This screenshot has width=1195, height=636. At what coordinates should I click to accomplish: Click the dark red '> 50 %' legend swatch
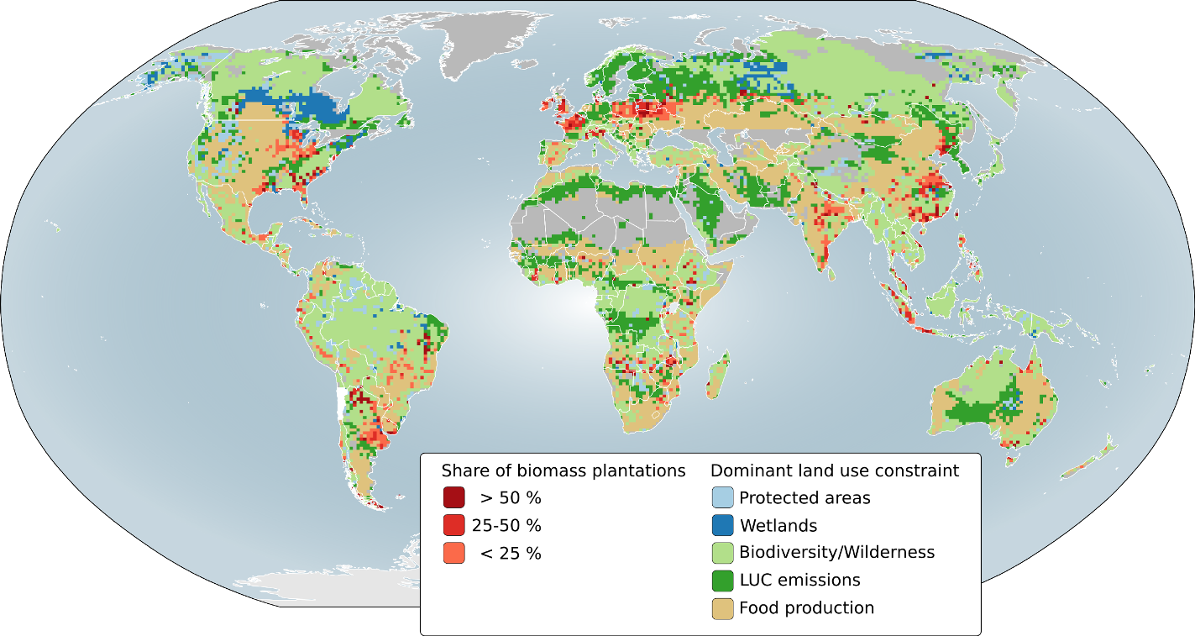point(453,497)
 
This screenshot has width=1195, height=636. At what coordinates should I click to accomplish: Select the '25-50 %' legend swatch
point(453,525)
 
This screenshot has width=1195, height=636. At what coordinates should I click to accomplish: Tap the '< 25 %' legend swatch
point(453,553)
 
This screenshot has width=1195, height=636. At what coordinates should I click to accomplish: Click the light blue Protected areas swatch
point(722,497)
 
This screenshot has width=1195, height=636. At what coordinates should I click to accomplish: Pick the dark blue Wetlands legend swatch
point(722,525)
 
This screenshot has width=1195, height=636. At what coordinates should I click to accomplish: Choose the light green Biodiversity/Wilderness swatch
point(722,553)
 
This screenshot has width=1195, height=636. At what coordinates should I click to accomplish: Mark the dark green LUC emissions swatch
point(722,580)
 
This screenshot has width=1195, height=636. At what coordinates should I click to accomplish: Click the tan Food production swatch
point(722,607)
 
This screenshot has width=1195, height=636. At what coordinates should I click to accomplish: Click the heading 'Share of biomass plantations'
point(563,470)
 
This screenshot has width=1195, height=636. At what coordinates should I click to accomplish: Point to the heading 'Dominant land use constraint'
point(835,470)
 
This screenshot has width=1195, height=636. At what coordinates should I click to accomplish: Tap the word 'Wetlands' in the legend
point(778,526)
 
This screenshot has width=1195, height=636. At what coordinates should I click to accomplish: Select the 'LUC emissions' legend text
point(799,581)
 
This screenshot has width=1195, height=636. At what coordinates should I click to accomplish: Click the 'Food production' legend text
point(806,608)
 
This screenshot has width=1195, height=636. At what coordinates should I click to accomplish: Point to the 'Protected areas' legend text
point(805,498)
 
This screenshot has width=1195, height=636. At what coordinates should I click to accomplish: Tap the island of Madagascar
point(719,374)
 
